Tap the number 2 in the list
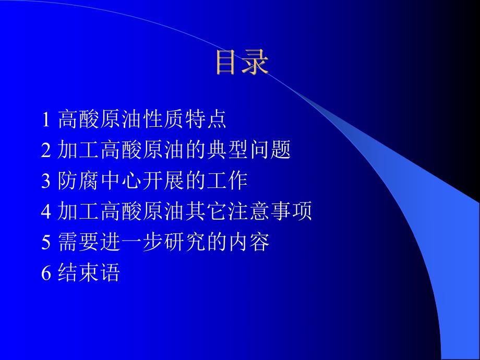click(46, 151)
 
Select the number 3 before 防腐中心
click(46, 182)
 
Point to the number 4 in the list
click(46, 212)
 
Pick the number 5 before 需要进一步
click(46, 243)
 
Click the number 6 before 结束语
click(46, 273)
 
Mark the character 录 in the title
click(256, 63)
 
